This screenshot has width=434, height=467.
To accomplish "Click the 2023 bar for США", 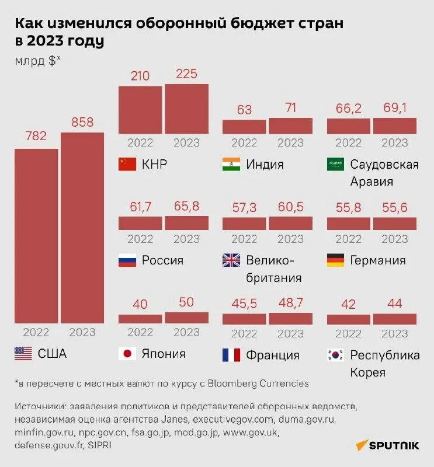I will tap(82, 228).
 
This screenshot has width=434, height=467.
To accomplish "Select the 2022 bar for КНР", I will tap(140, 110).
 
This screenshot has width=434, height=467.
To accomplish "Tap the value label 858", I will tap(82, 123).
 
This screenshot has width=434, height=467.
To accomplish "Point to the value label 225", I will tap(186, 74).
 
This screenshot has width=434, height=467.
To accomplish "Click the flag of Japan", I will tap(127, 354).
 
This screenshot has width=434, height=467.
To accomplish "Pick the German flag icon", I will tap(335, 260).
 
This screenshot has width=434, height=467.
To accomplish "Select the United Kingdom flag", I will tap(231, 260).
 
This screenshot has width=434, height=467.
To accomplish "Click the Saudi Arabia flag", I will tap(335, 165).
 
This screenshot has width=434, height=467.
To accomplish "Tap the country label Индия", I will tap(265, 165).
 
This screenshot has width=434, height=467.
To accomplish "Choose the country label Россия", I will tap(162, 260).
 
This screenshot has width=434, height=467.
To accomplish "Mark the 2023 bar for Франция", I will tap(290, 319).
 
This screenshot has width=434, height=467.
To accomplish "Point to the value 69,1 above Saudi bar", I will tap(394, 108).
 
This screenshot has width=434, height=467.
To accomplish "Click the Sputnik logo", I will tap(387, 445).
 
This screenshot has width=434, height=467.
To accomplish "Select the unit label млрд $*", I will tap(37, 61).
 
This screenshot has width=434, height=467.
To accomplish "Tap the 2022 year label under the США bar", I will tap(36, 332).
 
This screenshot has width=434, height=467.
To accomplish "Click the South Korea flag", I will tap(335, 355).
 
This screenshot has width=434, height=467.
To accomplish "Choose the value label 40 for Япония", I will tap(140, 304).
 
